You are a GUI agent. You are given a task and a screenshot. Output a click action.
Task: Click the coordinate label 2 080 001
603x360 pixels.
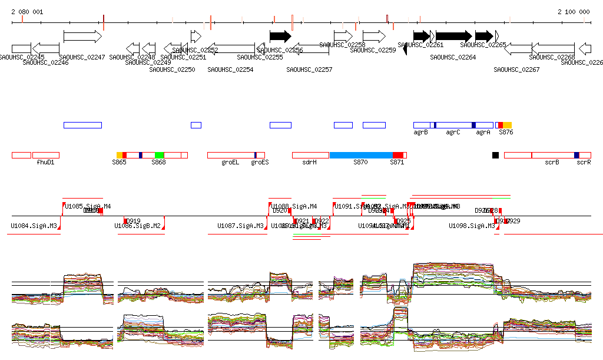[27, 12]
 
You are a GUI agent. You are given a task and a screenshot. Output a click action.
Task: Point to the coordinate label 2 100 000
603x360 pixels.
[574, 12]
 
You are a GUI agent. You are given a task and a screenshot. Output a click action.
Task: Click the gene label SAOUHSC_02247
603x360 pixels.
[82, 57]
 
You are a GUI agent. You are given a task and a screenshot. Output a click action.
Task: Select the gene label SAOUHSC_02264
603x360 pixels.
[453, 57]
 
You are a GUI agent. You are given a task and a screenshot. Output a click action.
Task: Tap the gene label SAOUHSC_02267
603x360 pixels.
[516, 70]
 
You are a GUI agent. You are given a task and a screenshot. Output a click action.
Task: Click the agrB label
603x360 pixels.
[420, 133]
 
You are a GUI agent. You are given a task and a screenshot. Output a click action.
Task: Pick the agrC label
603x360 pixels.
[453, 133]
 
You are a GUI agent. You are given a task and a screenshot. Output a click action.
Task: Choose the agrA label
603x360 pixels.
[483, 133]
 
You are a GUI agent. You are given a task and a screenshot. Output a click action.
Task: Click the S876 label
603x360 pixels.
[506, 133]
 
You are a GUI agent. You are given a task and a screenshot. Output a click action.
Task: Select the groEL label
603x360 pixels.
[230, 162]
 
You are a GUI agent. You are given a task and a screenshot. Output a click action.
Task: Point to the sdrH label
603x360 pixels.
[309, 162]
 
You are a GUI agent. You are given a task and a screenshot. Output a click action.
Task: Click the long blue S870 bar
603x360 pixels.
[360, 155]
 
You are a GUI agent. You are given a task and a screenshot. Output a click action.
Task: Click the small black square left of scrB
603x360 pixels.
[495, 155]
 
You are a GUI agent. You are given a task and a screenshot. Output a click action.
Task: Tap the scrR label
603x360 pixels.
[584, 162]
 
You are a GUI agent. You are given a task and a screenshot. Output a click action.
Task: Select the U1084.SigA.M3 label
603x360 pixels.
[34, 226]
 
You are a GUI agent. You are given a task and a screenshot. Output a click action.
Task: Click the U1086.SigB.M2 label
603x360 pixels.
[137, 226]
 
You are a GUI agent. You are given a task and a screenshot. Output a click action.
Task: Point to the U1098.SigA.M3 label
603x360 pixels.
[472, 226]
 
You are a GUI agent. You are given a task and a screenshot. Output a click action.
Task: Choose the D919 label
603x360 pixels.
[134, 221]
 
